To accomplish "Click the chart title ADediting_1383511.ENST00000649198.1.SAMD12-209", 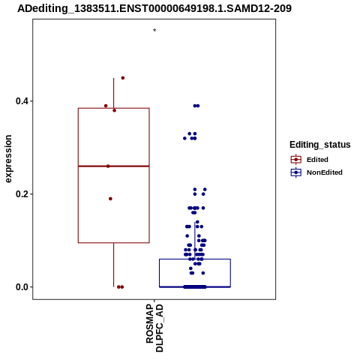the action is (154, 8).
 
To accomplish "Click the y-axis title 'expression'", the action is (8, 159).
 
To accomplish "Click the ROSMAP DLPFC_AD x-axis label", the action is (154, 328).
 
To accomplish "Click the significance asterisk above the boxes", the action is (154, 31).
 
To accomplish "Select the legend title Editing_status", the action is (320, 145).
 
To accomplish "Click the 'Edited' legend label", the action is (317, 160).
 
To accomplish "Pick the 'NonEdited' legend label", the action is (325, 172).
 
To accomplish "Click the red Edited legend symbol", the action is (296, 160).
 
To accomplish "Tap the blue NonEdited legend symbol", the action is (296, 172).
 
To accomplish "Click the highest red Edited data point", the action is (123, 78).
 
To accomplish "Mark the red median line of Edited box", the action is (114, 166).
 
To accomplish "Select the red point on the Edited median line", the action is (108, 166).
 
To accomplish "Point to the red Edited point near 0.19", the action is (110, 199).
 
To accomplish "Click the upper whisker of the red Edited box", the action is (114, 93).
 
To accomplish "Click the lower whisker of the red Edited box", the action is (114, 265).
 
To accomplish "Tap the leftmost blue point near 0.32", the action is (184, 138).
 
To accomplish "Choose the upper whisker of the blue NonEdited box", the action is (195, 241).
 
